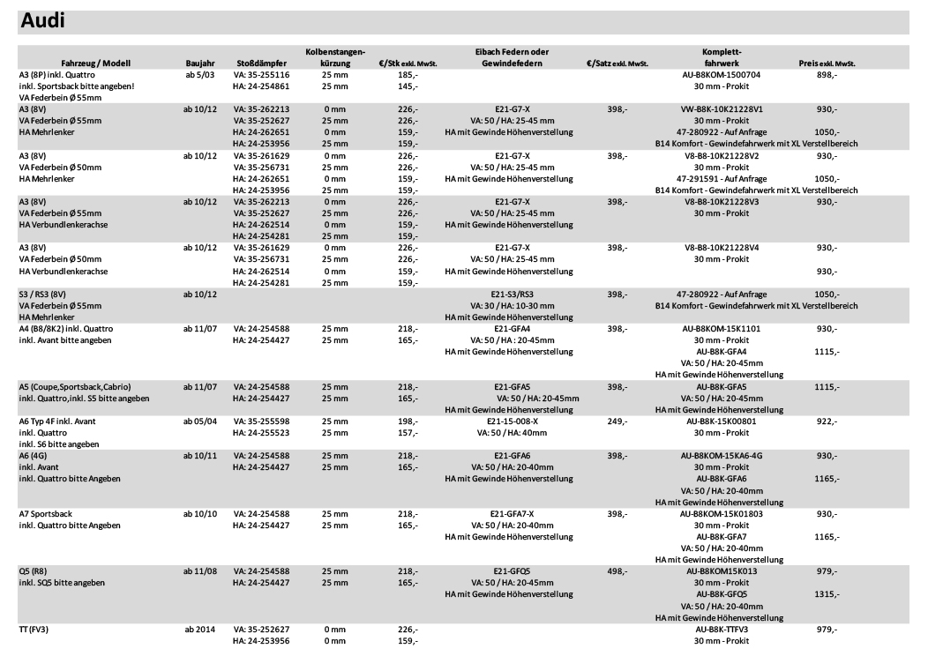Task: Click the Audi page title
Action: [x=45, y=19]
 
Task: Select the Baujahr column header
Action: [x=200, y=64]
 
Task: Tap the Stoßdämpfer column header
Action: [x=260, y=64]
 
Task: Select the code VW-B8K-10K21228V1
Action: [x=721, y=108]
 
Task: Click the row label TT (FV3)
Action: [x=36, y=629]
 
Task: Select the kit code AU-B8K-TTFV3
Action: [x=722, y=629]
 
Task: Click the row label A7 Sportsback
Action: [x=50, y=513]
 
